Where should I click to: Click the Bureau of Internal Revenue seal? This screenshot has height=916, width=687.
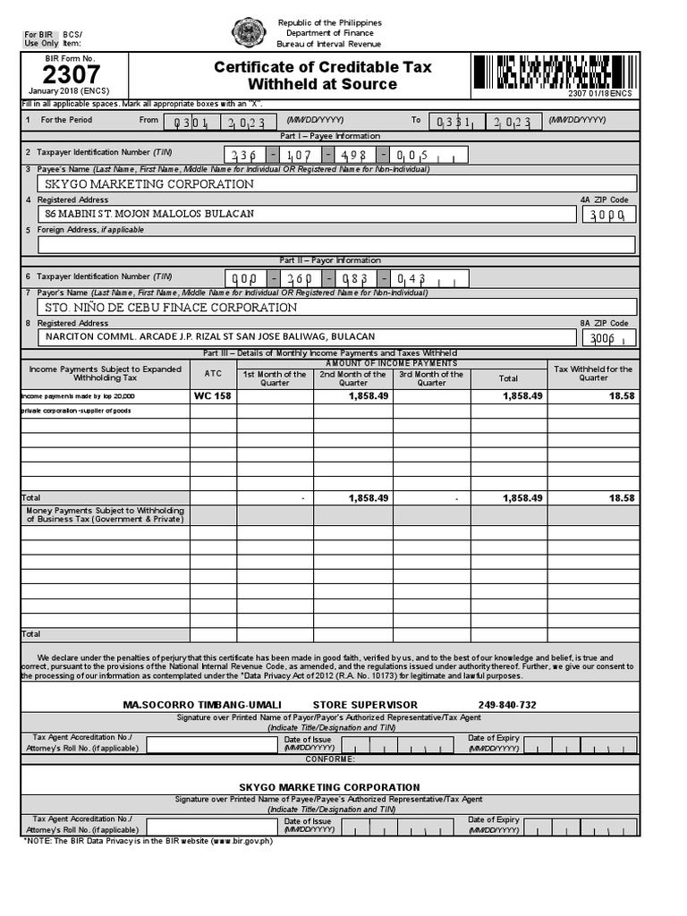[x=247, y=33]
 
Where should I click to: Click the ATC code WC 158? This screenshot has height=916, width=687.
[x=213, y=395]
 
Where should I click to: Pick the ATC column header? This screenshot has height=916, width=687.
[x=213, y=373]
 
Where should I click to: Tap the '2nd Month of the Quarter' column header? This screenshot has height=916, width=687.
[x=352, y=378]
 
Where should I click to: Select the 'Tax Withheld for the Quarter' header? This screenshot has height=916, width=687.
[x=593, y=373]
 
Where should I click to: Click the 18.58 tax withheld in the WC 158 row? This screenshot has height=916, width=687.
[x=622, y=395]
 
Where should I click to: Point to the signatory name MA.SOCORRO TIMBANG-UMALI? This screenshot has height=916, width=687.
[x=201, y=705]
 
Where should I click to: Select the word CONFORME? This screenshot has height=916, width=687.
[x=330, y=759]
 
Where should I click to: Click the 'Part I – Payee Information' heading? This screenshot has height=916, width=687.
[x=330, y=136]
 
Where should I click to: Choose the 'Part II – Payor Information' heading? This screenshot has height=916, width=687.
[x=330, y=260]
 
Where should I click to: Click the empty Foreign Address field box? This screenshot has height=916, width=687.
[x=336, y=244]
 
